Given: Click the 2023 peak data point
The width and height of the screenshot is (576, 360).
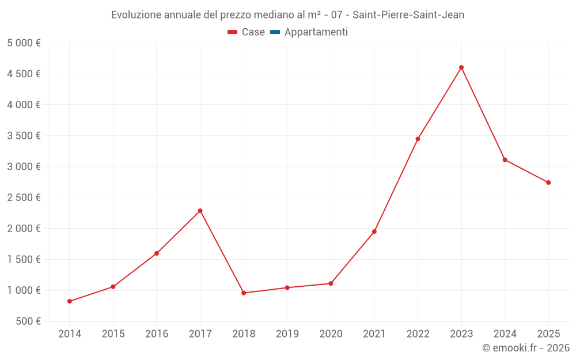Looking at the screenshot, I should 461,67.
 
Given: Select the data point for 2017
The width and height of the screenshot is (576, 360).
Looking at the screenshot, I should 200,211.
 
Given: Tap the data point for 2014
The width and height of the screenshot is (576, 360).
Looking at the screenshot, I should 70,301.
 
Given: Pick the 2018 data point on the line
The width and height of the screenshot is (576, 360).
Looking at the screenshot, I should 244,293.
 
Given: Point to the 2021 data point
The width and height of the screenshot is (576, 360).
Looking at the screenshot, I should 374,232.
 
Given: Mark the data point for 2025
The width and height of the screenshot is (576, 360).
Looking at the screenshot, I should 548,183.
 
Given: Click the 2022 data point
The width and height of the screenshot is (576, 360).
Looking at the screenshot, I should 418,139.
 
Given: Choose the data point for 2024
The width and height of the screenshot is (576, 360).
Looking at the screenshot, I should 505,160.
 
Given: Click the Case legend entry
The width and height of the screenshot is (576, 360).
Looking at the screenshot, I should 246,32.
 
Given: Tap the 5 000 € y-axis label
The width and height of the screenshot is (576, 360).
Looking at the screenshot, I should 24,43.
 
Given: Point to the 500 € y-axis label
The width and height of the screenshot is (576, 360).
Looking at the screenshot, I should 27,321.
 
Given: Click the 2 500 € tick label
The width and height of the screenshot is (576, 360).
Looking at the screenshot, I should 24,198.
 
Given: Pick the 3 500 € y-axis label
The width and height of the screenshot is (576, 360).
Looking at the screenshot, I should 24,136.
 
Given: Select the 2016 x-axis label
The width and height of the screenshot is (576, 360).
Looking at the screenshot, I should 157,334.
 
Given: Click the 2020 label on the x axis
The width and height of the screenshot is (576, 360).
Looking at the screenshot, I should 331,334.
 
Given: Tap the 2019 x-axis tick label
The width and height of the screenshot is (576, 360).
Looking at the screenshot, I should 287,334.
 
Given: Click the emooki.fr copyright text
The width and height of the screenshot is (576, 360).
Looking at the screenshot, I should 525,348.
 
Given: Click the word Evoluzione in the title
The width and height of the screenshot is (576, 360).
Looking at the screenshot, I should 136,15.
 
